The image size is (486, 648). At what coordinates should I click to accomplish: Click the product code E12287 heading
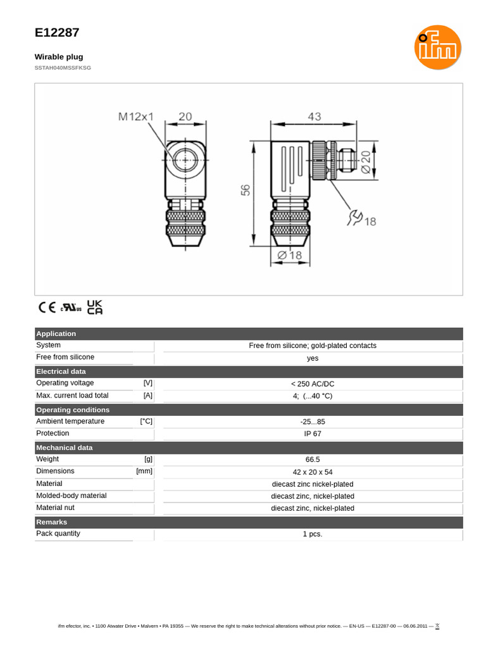pos(57,33)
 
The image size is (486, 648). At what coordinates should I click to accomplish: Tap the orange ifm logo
pos(438,47)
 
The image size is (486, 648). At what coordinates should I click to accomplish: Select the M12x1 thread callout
pos(136,116)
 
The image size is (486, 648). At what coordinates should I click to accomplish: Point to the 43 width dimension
pos(314,116)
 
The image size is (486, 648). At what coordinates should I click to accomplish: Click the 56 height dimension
pos(246,190)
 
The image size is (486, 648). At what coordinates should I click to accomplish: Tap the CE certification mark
pos(47,308)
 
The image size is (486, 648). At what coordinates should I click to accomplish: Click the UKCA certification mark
pos(94,307)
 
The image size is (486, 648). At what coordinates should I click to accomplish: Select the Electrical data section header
pos(61,371)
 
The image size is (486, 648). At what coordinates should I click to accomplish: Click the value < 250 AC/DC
pos(313,384)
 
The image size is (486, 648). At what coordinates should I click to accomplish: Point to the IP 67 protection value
pos(313,434)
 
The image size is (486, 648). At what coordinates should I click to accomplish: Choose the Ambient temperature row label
pos(70,421)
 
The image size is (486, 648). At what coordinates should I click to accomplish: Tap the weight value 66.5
pos(313,460)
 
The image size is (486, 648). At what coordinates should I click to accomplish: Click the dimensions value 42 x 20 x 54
pos(313,472)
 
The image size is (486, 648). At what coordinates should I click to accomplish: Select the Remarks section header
pos(51,522)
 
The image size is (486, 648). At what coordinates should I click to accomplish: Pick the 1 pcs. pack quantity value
pos(313,534)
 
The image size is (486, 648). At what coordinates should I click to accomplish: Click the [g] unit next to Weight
pos(148,459)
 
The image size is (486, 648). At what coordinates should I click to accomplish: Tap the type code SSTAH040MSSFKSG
pos(63,68)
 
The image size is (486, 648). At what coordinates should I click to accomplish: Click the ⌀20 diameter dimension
pos(365,162)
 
